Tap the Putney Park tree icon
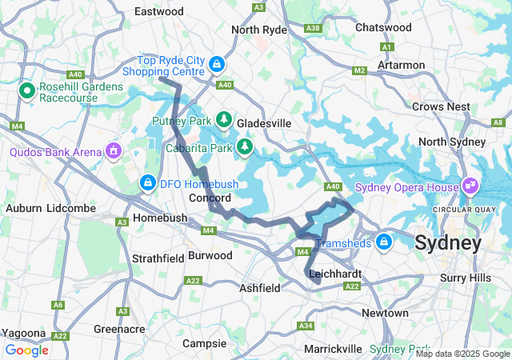(x=225, y=121)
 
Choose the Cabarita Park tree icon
(x=246, y=147)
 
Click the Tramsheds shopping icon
(x=385, y=241)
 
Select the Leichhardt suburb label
(x=334, y=274)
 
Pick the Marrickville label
(x=333, y=349)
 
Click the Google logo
(x=27, y=350)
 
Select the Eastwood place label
(x=159, y=11)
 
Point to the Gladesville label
(x=263, y=123)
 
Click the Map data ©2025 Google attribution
(x=462, y=354)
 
